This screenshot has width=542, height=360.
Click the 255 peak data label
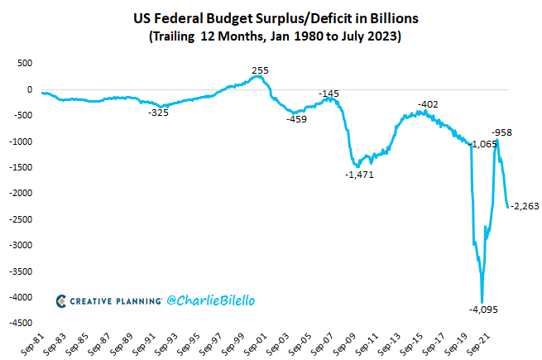(260, 71)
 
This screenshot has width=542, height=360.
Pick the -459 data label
(296, 119)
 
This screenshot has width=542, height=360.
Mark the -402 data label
(428, 104)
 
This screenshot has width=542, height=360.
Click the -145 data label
(329, 94)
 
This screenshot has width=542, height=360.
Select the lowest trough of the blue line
(482, 301)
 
